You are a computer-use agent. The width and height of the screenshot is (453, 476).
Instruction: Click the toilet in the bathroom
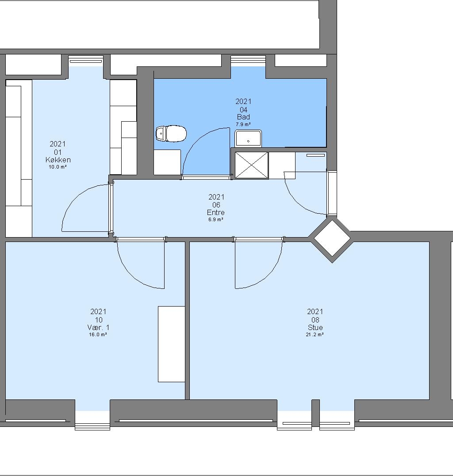[x=171, y=134]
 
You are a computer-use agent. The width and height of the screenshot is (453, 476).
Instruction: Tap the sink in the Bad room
[x=248, y=139]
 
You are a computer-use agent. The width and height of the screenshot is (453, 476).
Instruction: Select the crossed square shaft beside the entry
[x=252, y=165]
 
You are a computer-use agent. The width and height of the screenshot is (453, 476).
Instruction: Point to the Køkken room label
[x=58, y=160]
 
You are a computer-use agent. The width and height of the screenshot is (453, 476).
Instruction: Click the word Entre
[x=216, y=212]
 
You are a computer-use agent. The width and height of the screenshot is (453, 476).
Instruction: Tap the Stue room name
[x=315, y=327]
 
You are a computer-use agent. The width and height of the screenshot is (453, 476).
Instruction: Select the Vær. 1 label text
[x=98, y=327]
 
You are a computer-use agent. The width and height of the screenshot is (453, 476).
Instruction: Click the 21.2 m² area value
[x=315, y=334]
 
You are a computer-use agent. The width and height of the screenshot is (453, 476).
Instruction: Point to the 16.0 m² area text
[x=98, y=334]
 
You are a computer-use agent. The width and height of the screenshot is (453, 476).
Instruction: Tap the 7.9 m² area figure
[x=243, y=124]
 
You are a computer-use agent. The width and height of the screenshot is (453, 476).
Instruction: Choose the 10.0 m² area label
[x=58, y=167]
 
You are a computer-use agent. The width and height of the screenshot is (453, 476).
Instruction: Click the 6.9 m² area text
[x=216, y=219]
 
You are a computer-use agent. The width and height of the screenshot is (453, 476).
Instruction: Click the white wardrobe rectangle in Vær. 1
[x=172, y=344]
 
